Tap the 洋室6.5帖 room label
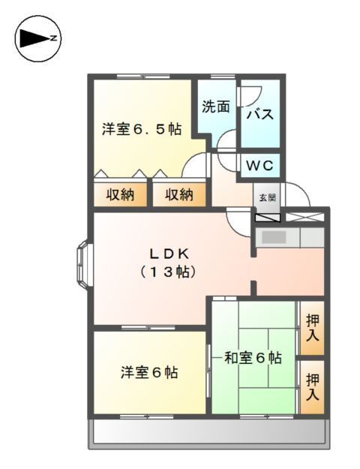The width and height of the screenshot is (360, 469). [x=142, y=129]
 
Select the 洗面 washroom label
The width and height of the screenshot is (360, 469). [x=215, y=107]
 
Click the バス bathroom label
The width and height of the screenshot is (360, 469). [x=259, y=115]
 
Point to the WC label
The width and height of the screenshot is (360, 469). [x=260, y=164]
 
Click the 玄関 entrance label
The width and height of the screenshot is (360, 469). [x=268, y=197]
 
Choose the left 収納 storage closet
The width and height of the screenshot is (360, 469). [x=119, y=195]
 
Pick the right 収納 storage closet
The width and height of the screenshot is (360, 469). [x=179, y=195]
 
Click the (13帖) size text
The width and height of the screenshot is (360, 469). [x=168, y=272]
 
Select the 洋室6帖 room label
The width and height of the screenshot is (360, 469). [x=149, y=371]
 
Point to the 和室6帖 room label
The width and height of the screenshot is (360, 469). [x=253, y=358]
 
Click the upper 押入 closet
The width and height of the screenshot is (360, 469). [x=313, y=329]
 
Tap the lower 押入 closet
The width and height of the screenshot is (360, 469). [x=313, y=386]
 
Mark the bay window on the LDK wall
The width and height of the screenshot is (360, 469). [x=82, y=266]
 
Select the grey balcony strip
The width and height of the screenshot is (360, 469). [x=208, y=432]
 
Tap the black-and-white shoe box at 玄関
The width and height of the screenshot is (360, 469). [x=268, y=217]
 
